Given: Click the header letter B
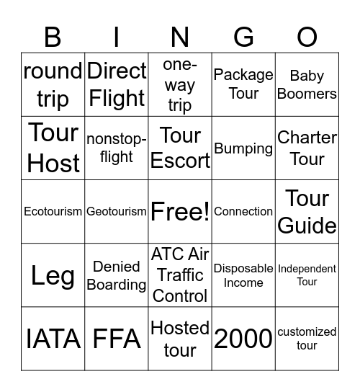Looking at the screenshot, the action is pyautogui.click(x=53, y=36).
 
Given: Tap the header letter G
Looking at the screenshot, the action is pyautogui.click(x=243, y=36).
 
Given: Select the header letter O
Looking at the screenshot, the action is pyautogui.click(x=307, y=36).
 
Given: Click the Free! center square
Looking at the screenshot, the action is pyautogui.click(x=180, y=212).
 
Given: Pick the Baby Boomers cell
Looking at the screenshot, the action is pyautogui.click(x=307, y=84).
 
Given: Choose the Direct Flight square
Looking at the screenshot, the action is pyautogui.click(x=117, y=84).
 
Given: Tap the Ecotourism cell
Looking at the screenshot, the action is pyautogui.click(x=53, y=212).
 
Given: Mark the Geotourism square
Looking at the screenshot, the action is pyautogui.click(x=117, y=212).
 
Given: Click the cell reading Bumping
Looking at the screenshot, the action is pyautogui.click(x=243, y=148).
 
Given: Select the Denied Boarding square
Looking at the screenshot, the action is pyautogui.click(x=117, y=275).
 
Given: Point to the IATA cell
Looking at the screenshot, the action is pyautogui.click(x=53, y=339).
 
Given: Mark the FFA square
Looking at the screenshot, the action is pyautogui.click(x=117, y=339).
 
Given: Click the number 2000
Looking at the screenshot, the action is pyautogui.click(x=243, y=339).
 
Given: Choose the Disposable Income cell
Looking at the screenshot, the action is pyautogui.click(x=243, y=275).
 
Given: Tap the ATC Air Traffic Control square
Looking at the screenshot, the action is pyautogui.click(x=180, y=275).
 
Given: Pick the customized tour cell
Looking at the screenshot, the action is pyautogui.click(x=307, y=339).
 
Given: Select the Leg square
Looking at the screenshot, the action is pyautogui.click(x=53, y=275).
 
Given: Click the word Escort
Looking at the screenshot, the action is pyautogui.click(x=180, y=161).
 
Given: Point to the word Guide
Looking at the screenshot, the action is pyautogui.click(x=307, y=226).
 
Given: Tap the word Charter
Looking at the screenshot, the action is pyautogui.click(x=307, y=138).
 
